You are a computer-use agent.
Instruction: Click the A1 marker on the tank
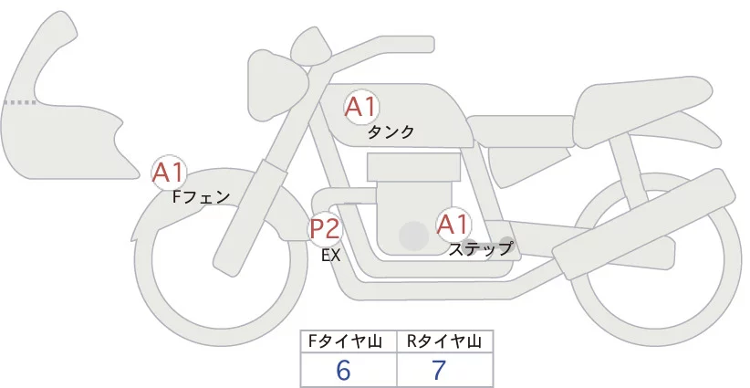(x=360, y=107)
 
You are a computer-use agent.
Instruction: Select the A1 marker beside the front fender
(x=169, y=171)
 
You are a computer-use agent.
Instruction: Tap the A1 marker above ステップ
(x=453, y=223)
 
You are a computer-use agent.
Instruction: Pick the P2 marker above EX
(x=325, y=228)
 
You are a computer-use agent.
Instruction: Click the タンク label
(x=391, y=132)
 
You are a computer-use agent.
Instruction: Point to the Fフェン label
(x=201, y=195)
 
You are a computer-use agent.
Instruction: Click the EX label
(x=330, y=256)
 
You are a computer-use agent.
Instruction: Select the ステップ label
(x=480, y=247)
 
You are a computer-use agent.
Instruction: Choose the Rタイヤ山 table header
(x=444, y=342)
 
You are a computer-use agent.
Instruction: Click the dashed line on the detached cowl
(x=20, y=102)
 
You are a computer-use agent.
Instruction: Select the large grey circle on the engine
(x=414, y=236)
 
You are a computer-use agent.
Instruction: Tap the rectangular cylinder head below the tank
(x=413, y=168)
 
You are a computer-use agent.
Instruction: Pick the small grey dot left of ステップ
(x=469, y=244)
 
